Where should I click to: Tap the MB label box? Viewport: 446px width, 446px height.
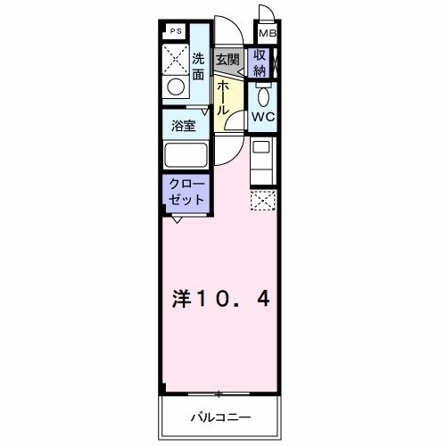265,35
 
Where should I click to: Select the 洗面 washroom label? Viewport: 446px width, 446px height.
199,67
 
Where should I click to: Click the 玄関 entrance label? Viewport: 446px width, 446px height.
227,61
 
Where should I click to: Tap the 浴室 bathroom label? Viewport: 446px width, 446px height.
186,124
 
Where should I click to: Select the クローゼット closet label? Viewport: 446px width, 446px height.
186,191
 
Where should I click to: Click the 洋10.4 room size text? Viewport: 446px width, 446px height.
220,300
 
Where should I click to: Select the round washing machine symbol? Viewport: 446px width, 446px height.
177,87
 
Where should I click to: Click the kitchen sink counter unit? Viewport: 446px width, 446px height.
262,160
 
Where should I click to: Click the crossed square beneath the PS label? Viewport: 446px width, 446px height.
175,58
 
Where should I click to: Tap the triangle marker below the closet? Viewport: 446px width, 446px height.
177,219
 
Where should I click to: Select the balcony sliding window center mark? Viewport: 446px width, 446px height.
217,393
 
